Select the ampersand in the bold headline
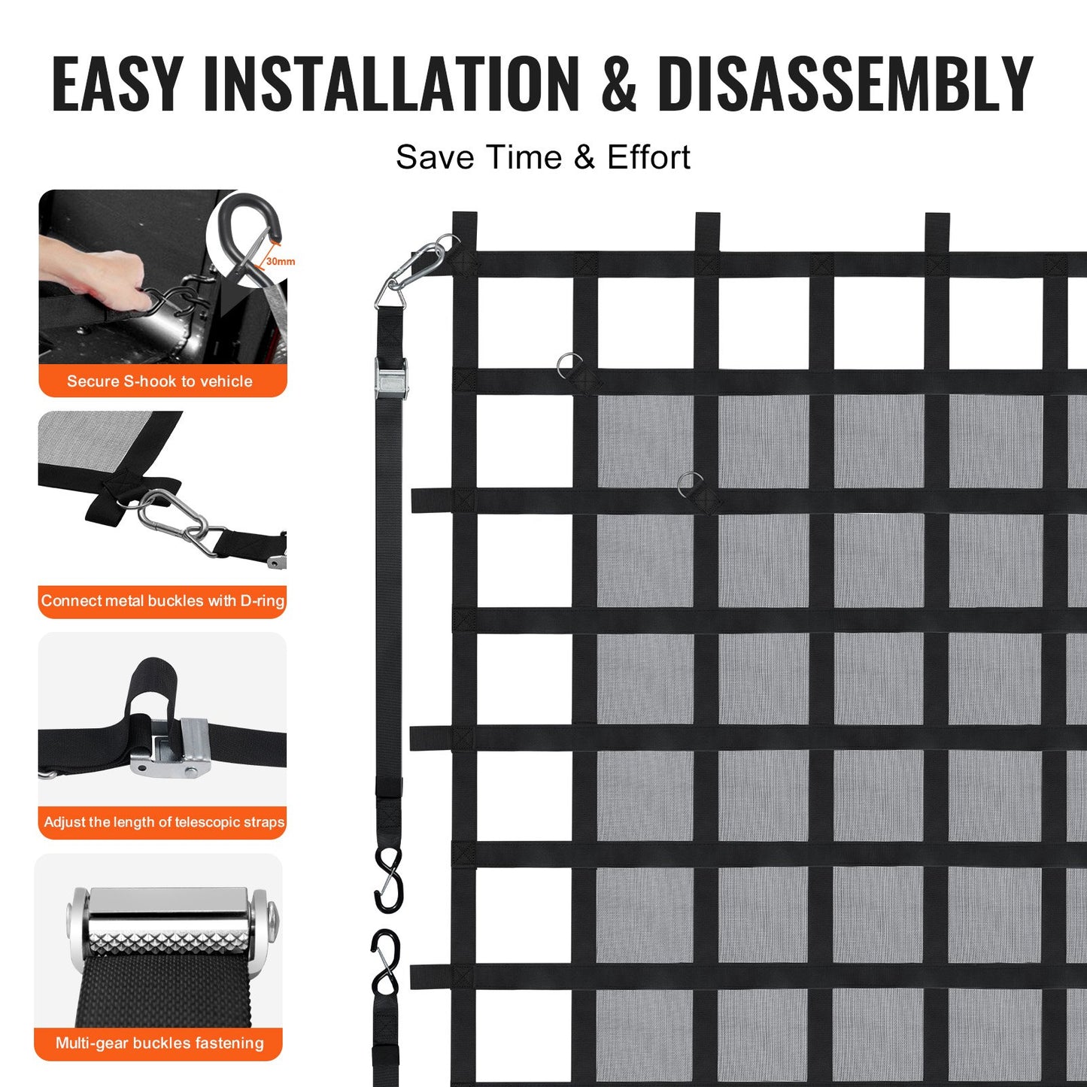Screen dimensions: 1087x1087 coord(618,84)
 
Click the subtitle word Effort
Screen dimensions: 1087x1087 coord(648,157)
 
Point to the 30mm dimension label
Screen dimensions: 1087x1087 coord(280,262)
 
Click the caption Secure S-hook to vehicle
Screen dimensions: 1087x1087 coord(159,381)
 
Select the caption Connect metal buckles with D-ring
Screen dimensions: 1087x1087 coord(162,601)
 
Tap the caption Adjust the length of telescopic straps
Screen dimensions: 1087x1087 coord(164,822)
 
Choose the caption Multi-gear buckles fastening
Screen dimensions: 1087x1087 coord(159,1043)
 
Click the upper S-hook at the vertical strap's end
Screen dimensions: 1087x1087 coord(389,879)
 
